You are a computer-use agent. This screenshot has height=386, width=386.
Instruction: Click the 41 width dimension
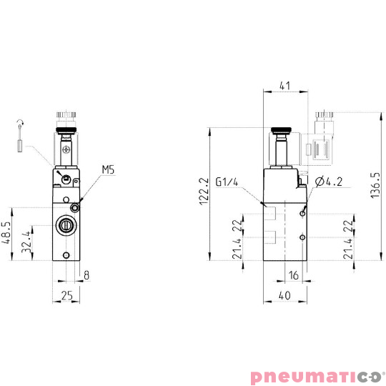[284, 86]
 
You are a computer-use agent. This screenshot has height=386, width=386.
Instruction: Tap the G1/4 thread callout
[227, 182]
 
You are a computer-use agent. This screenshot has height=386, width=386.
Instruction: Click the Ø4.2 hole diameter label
[330, 182]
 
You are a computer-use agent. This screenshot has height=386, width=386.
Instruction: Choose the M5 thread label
[108, 169]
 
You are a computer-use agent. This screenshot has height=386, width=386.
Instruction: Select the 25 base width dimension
[65, 296]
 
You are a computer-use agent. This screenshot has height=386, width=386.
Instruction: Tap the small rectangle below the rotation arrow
[21, 147]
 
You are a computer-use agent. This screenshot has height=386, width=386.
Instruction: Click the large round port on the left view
[65, 226]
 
